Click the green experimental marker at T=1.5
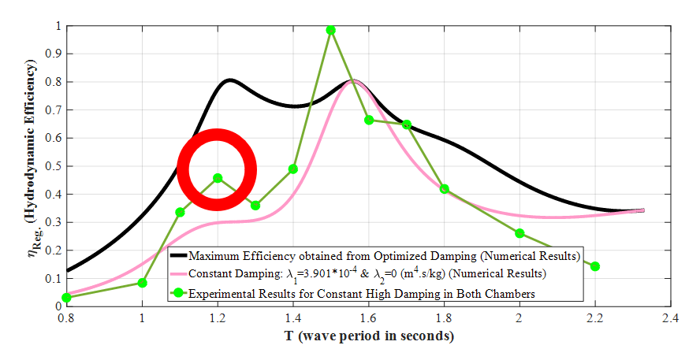point(331,30)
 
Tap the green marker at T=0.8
point(67,297)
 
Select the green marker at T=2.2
point(595,266)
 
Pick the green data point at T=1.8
point(445,189)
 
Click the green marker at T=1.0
point(142,283)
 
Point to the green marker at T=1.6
point(369,120)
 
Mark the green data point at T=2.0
point(519,233)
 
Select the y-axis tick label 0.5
point(52,166)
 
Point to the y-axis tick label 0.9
point(52,54)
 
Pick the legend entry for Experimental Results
point(363,293)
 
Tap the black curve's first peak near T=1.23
point(229,80)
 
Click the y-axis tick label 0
point(57,306)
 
